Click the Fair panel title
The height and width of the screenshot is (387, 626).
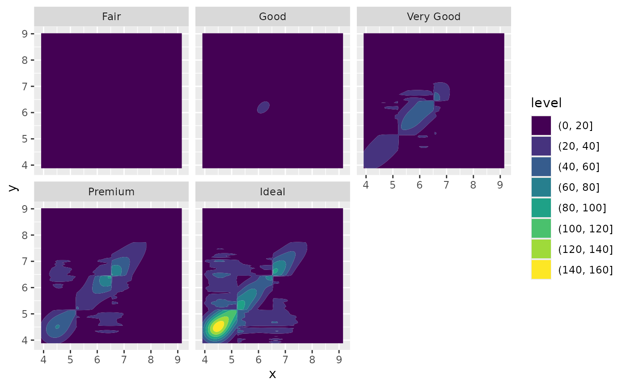coord(111,17)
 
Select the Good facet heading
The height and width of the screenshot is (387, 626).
coord(272,17)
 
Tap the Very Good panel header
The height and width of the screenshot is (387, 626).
coord(434,17)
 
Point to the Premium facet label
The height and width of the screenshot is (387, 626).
coord(111,192)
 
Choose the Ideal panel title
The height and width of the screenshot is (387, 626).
coord(272,192)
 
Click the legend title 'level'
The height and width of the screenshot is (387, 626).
coord(546,103)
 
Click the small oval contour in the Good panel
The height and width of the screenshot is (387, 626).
coord(263,107)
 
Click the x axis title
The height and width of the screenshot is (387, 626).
coord(272,374)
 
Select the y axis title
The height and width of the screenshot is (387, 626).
coord(13,188)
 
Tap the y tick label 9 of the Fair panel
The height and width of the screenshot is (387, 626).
coord(25,34)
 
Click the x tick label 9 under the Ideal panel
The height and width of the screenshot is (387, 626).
coord(339,359)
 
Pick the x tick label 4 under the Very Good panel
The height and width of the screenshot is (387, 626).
coord(366,184)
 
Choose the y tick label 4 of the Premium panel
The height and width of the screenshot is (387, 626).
coord(25,340)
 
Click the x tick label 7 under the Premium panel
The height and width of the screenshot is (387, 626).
coord(124,359)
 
